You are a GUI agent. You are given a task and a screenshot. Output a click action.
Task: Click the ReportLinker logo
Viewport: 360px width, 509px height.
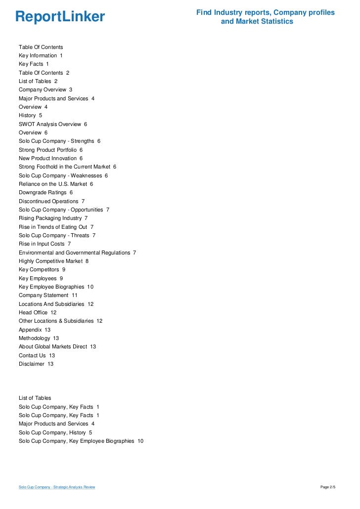(60, 17)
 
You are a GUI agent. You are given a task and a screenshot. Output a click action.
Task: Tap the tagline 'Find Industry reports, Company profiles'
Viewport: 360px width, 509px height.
(265, 12)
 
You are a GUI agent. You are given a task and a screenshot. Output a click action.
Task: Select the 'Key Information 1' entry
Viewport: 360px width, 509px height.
(41, 55)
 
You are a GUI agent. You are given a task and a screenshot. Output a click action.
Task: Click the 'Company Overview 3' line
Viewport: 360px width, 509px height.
(45, 89)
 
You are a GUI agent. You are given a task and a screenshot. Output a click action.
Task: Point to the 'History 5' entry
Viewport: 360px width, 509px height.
(30, 115)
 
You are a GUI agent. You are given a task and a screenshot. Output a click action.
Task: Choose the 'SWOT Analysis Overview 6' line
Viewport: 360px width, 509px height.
(52, 124)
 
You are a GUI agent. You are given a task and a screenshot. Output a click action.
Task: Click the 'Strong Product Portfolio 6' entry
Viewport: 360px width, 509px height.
(50, 150)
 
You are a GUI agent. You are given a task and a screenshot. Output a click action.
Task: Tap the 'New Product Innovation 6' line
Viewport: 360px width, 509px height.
(50, 158)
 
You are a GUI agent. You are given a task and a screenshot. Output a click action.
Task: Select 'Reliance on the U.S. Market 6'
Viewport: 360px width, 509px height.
(55, 184)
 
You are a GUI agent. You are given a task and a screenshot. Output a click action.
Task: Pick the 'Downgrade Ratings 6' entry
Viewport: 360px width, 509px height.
(45, 192)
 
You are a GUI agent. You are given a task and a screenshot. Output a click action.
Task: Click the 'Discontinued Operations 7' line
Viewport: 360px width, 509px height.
(51, 201)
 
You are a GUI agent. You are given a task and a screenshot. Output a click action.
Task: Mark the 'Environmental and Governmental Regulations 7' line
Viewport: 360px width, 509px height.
(77, 253)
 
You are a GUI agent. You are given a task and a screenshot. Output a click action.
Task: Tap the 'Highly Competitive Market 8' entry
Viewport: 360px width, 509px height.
(53, 261)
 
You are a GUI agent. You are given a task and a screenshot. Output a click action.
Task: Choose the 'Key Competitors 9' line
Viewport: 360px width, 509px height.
(42, 269)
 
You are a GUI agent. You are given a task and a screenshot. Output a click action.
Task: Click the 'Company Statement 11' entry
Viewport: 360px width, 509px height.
(48, 295)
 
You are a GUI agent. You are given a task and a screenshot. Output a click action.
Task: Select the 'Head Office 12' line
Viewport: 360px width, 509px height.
(38, 312)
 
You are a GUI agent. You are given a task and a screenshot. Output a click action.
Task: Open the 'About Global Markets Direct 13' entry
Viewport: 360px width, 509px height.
(57, 346)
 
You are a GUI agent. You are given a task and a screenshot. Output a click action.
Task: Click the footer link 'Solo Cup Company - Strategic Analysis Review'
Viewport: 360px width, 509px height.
(57, 487)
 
